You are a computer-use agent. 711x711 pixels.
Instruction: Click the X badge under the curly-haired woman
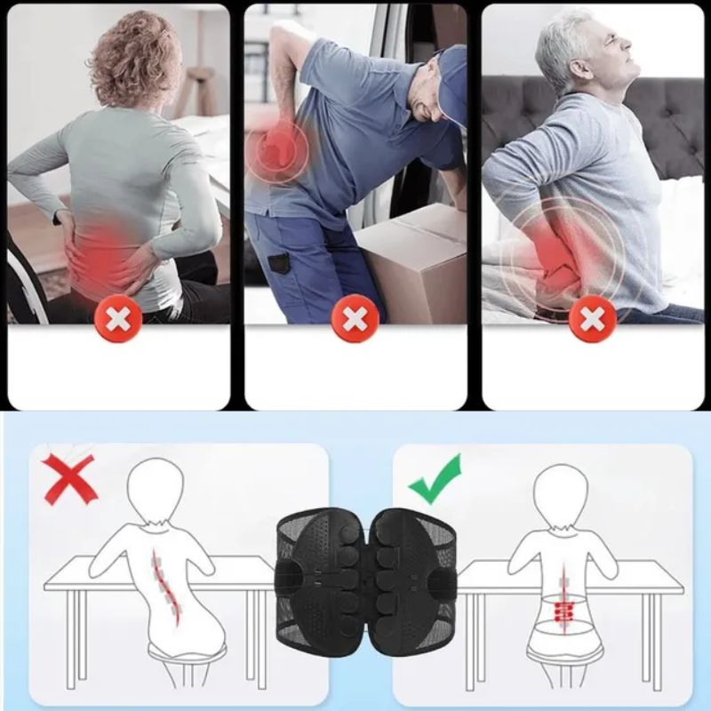tap(118, 318)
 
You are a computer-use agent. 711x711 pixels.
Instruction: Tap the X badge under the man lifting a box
tap(355, 318)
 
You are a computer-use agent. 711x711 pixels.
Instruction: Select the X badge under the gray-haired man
tap(593, 318)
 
